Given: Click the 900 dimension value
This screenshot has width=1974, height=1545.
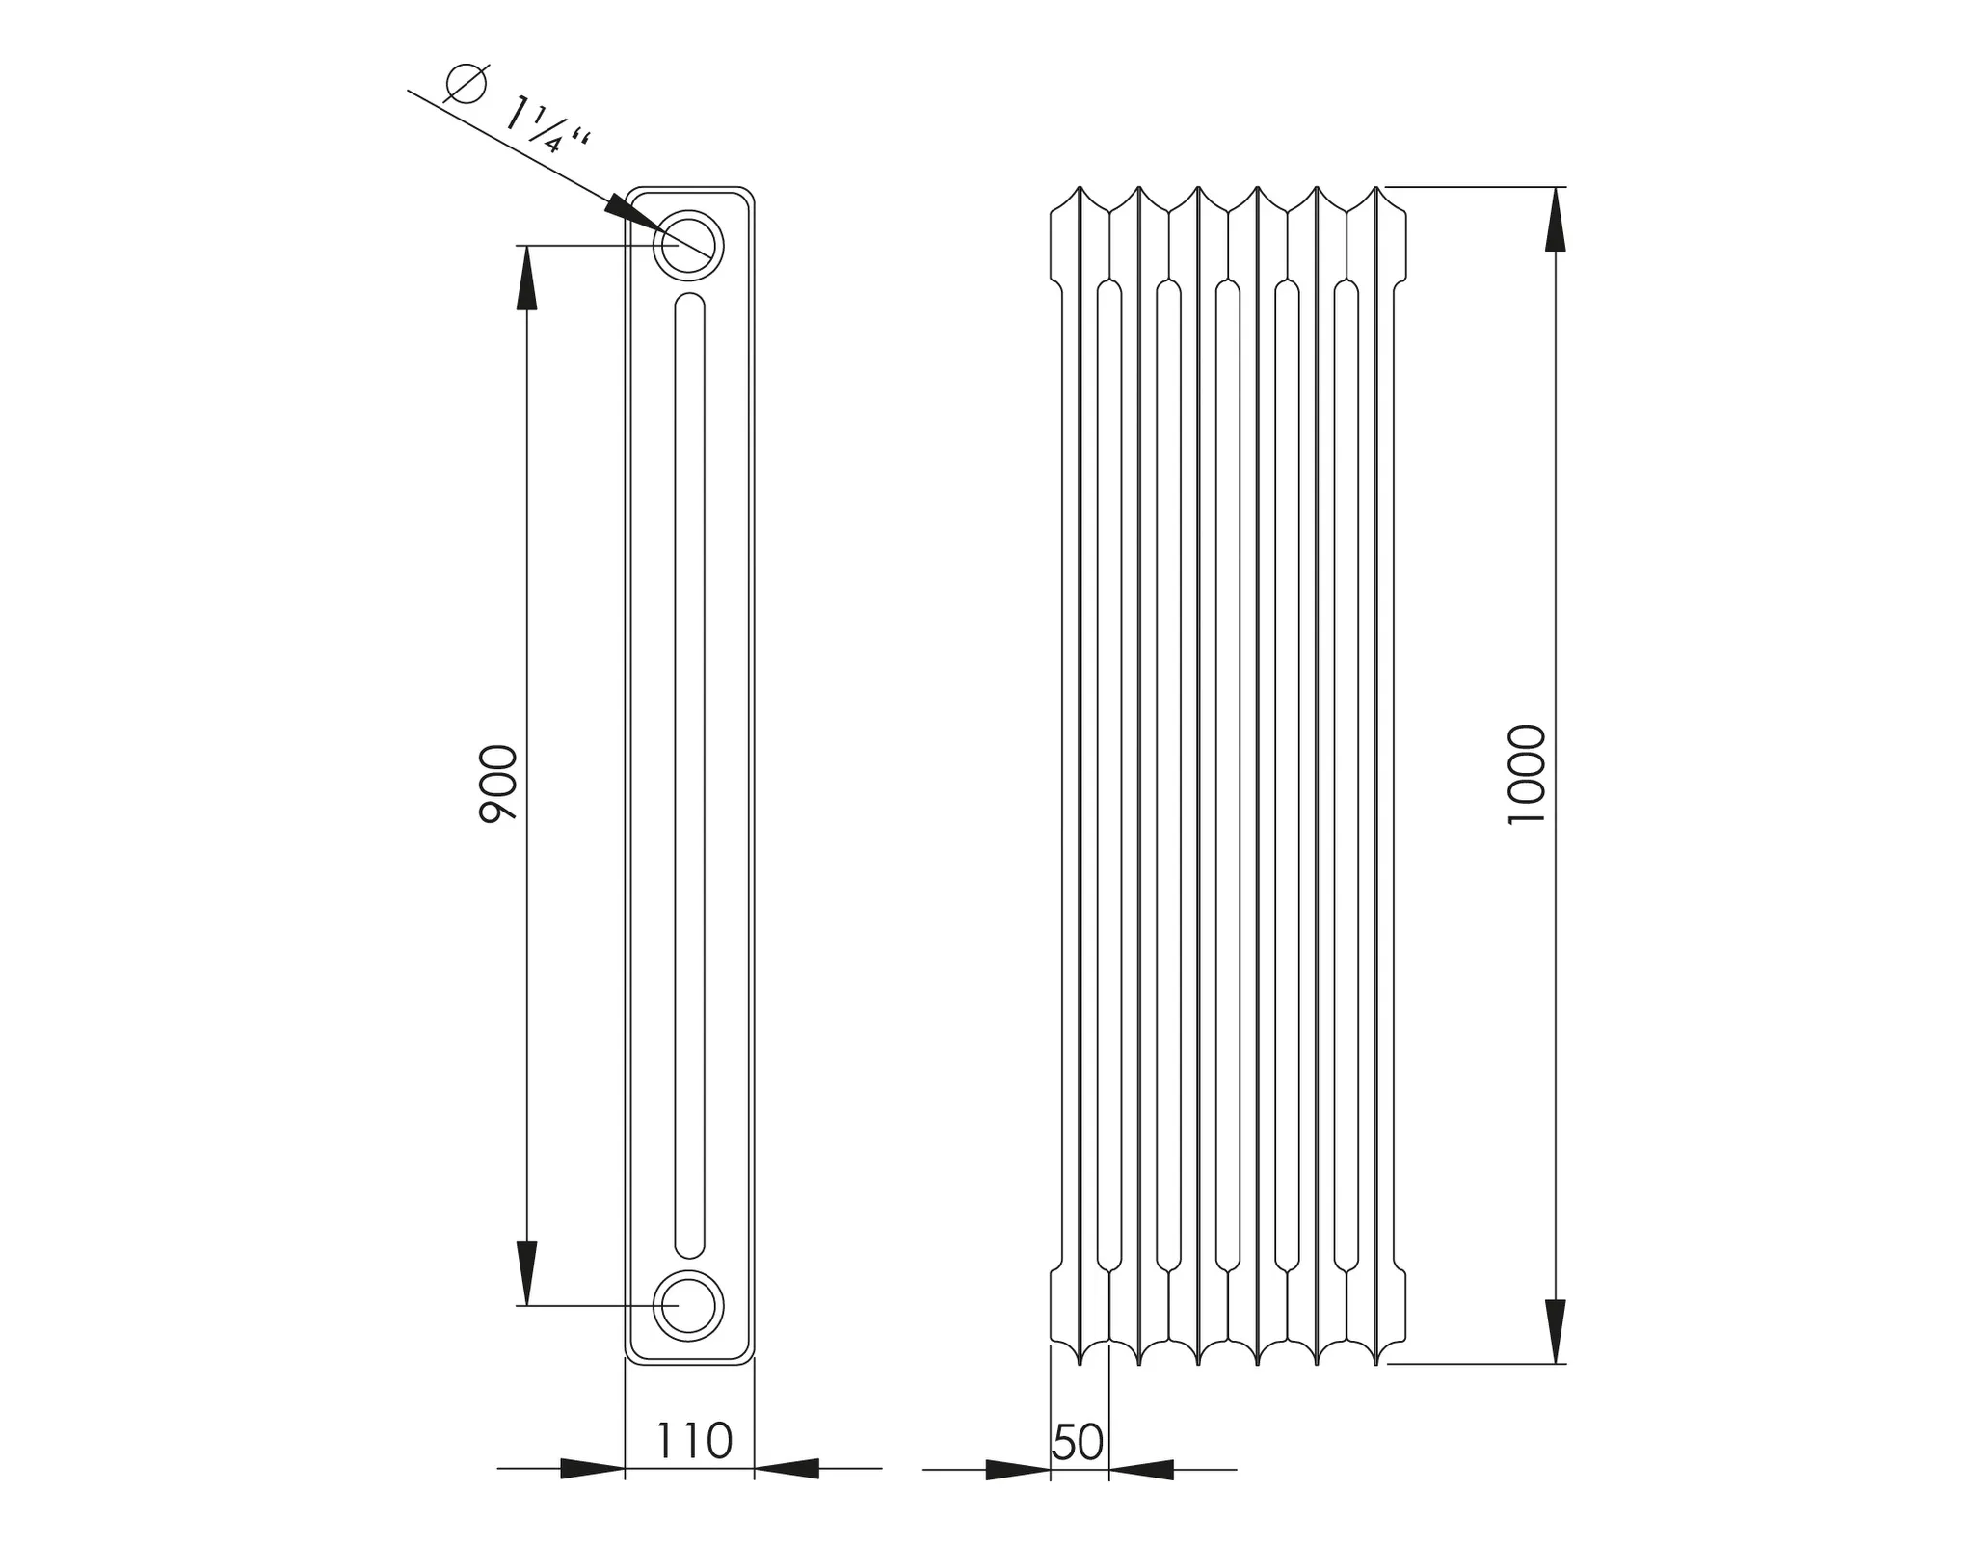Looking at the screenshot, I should [x=498, y=783].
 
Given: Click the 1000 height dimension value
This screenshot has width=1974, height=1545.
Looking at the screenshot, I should [x=1526, y=774].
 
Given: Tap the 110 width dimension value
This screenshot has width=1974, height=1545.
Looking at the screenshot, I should [x=694, y=1442].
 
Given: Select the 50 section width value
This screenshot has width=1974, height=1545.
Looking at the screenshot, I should [x=1078, y=1443].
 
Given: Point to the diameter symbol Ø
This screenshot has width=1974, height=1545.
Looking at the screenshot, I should [x=466, y=83].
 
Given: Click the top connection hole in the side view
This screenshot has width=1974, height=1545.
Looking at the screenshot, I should [x=688, y=245].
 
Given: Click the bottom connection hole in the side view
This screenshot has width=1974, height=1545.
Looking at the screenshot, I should [x=688, y=1305].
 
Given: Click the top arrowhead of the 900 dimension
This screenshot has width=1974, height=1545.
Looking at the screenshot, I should [x=526, y=280].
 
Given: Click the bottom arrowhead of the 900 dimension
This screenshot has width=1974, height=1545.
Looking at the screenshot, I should [x=526, y=1271].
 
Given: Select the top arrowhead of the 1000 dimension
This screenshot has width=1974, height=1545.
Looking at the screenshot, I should [x=1555, y=220].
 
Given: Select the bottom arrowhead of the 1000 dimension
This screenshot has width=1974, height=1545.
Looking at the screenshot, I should [x=1555, y=1331].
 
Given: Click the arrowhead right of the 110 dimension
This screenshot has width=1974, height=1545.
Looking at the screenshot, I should [x=787, y=1469].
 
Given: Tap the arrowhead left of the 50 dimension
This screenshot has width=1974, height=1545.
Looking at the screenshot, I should [x=1018, y=1470].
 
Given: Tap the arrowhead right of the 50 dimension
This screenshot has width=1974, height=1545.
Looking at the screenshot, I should [x=1142, y=1470].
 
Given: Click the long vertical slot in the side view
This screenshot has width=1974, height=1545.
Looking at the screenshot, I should [x=689, y=774].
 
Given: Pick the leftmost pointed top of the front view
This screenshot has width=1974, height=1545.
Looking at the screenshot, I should [x=1080, y=190].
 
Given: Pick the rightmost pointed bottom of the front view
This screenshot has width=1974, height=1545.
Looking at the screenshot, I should [x=1376, y=1361].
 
